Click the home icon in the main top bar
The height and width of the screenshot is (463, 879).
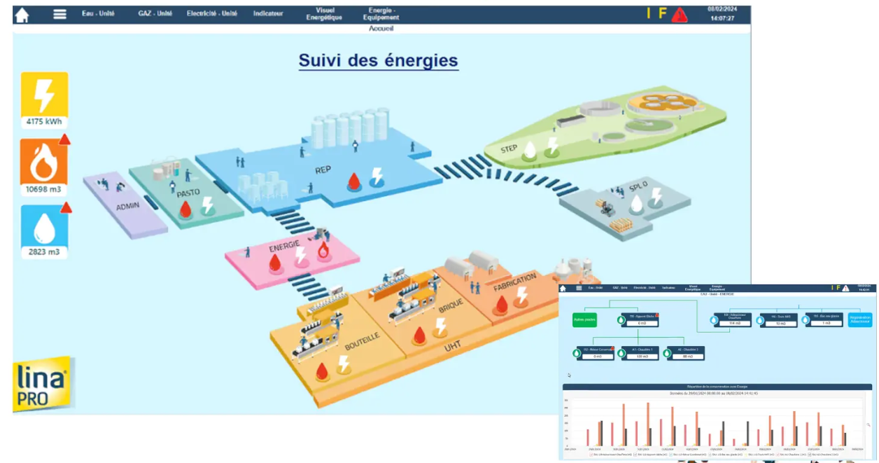22,15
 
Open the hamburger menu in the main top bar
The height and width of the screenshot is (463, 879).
60,14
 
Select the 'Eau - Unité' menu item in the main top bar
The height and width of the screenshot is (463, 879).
98,14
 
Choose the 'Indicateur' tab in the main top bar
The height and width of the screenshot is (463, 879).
268,14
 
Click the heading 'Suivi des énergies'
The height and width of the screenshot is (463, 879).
378,60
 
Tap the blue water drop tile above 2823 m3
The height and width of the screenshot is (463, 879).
44,227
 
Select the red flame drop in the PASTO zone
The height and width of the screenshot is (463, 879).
185,209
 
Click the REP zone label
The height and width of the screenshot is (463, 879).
323,170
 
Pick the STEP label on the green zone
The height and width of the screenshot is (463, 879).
509,149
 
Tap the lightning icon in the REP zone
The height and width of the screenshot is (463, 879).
377,176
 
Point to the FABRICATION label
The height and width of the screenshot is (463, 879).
515,282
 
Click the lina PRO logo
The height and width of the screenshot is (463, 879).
42,385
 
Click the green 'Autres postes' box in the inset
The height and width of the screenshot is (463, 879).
584,320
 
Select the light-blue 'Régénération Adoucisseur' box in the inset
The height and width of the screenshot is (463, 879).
860,319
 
